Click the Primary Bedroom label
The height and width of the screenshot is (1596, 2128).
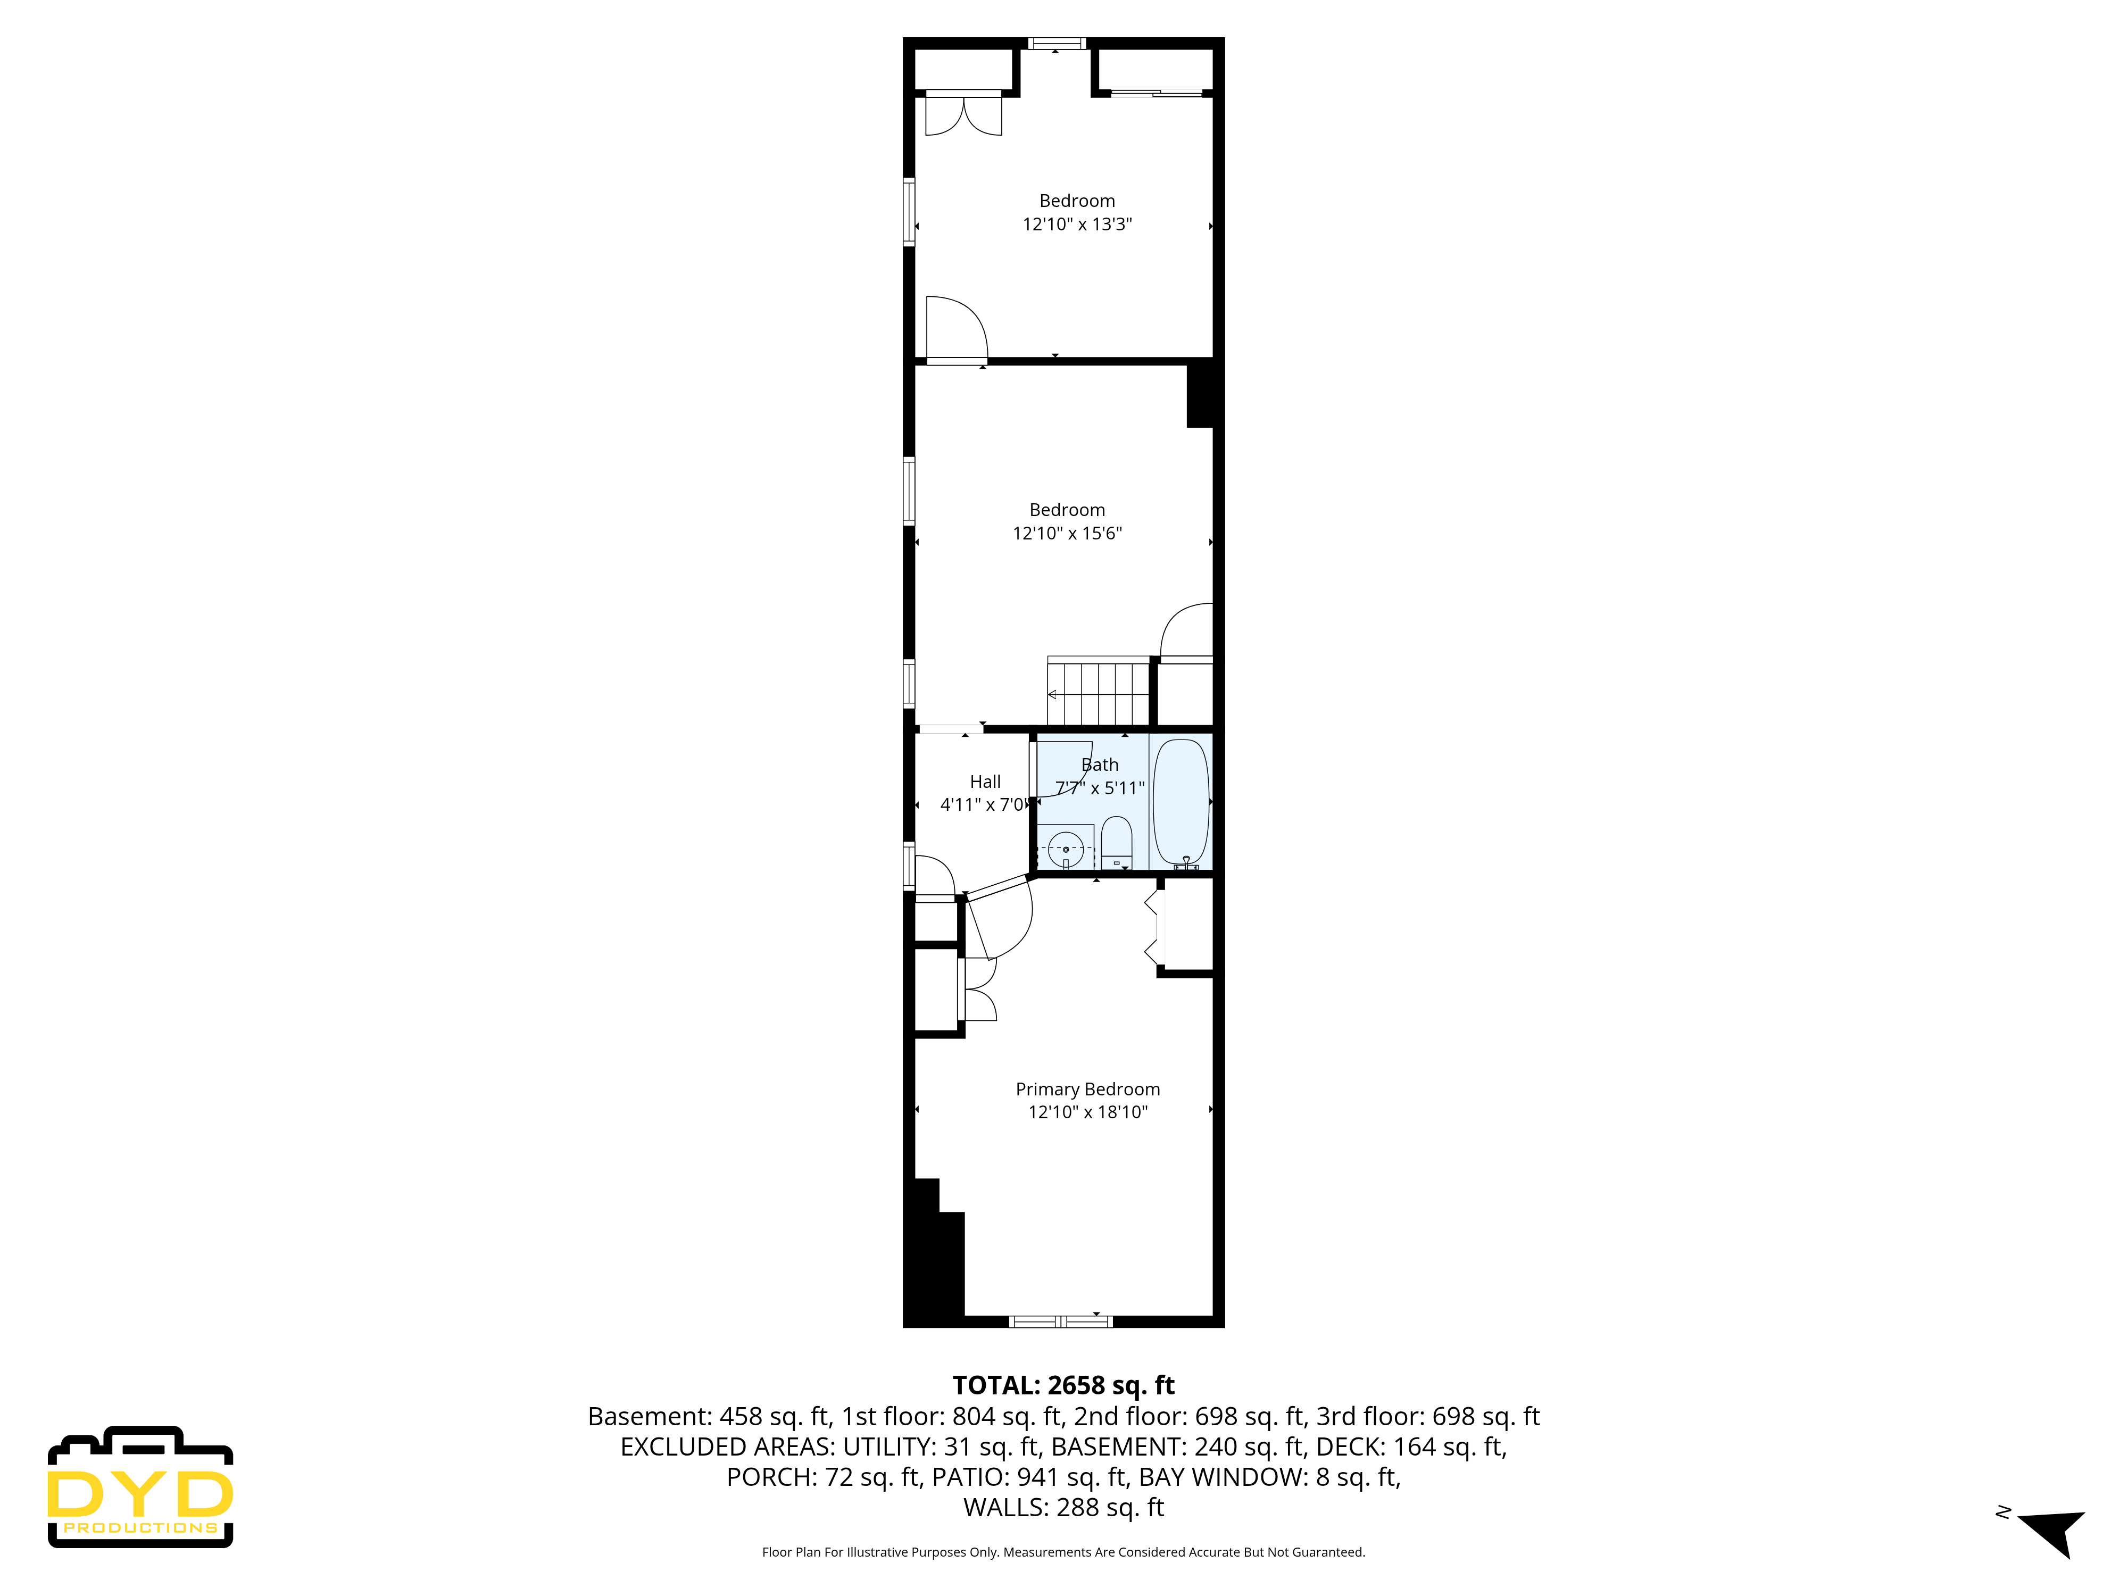(1087, 1089)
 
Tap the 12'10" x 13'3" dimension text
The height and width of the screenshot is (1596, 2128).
(1077, 224)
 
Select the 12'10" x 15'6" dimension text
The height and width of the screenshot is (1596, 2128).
(1067, 533)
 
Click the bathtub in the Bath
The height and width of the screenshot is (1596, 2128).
(1181, 801)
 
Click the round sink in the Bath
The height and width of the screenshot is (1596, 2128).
(1065, 850)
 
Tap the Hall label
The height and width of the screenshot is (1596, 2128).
(984, 781)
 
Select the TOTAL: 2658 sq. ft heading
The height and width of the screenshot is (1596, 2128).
(1063, 1385)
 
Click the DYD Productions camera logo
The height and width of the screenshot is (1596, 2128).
(140, 1486)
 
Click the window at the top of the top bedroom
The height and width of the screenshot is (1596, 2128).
(1057, 43)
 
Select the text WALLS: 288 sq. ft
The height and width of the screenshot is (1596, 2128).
(1063, 1508)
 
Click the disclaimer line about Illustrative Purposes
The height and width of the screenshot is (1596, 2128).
(1063, 1552)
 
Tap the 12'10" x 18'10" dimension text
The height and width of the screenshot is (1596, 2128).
(1087, 1112)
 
